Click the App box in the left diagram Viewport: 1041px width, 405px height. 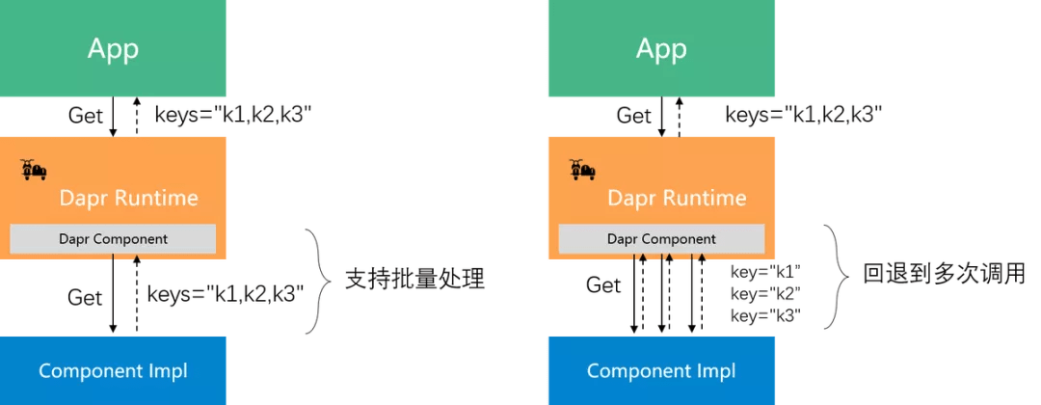tap(113, 48)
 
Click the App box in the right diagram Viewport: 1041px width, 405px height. tap(661, 48)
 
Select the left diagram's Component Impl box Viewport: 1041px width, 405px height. tap(113, 370)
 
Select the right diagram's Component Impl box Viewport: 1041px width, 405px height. tap(661, 370)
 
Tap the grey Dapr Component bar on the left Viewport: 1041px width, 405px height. tap(113, 238)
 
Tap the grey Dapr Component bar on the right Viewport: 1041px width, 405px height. tap(661, 238)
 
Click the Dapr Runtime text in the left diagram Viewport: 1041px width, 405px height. tap(128, 199)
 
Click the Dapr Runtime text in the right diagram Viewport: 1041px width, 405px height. tap(677, 199)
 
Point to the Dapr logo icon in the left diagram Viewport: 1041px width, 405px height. tap(34, 171)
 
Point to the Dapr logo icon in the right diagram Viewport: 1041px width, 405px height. tap(581, 171)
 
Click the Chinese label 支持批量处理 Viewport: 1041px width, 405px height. tap(414, 280)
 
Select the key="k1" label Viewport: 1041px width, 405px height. tap(766, 271)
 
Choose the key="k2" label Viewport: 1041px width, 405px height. tap(766, 293)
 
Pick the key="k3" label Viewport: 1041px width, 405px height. tap(766, 315)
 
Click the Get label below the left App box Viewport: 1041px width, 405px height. tap(85, 115)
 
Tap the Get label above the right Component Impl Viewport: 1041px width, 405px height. tap(603, 284)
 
